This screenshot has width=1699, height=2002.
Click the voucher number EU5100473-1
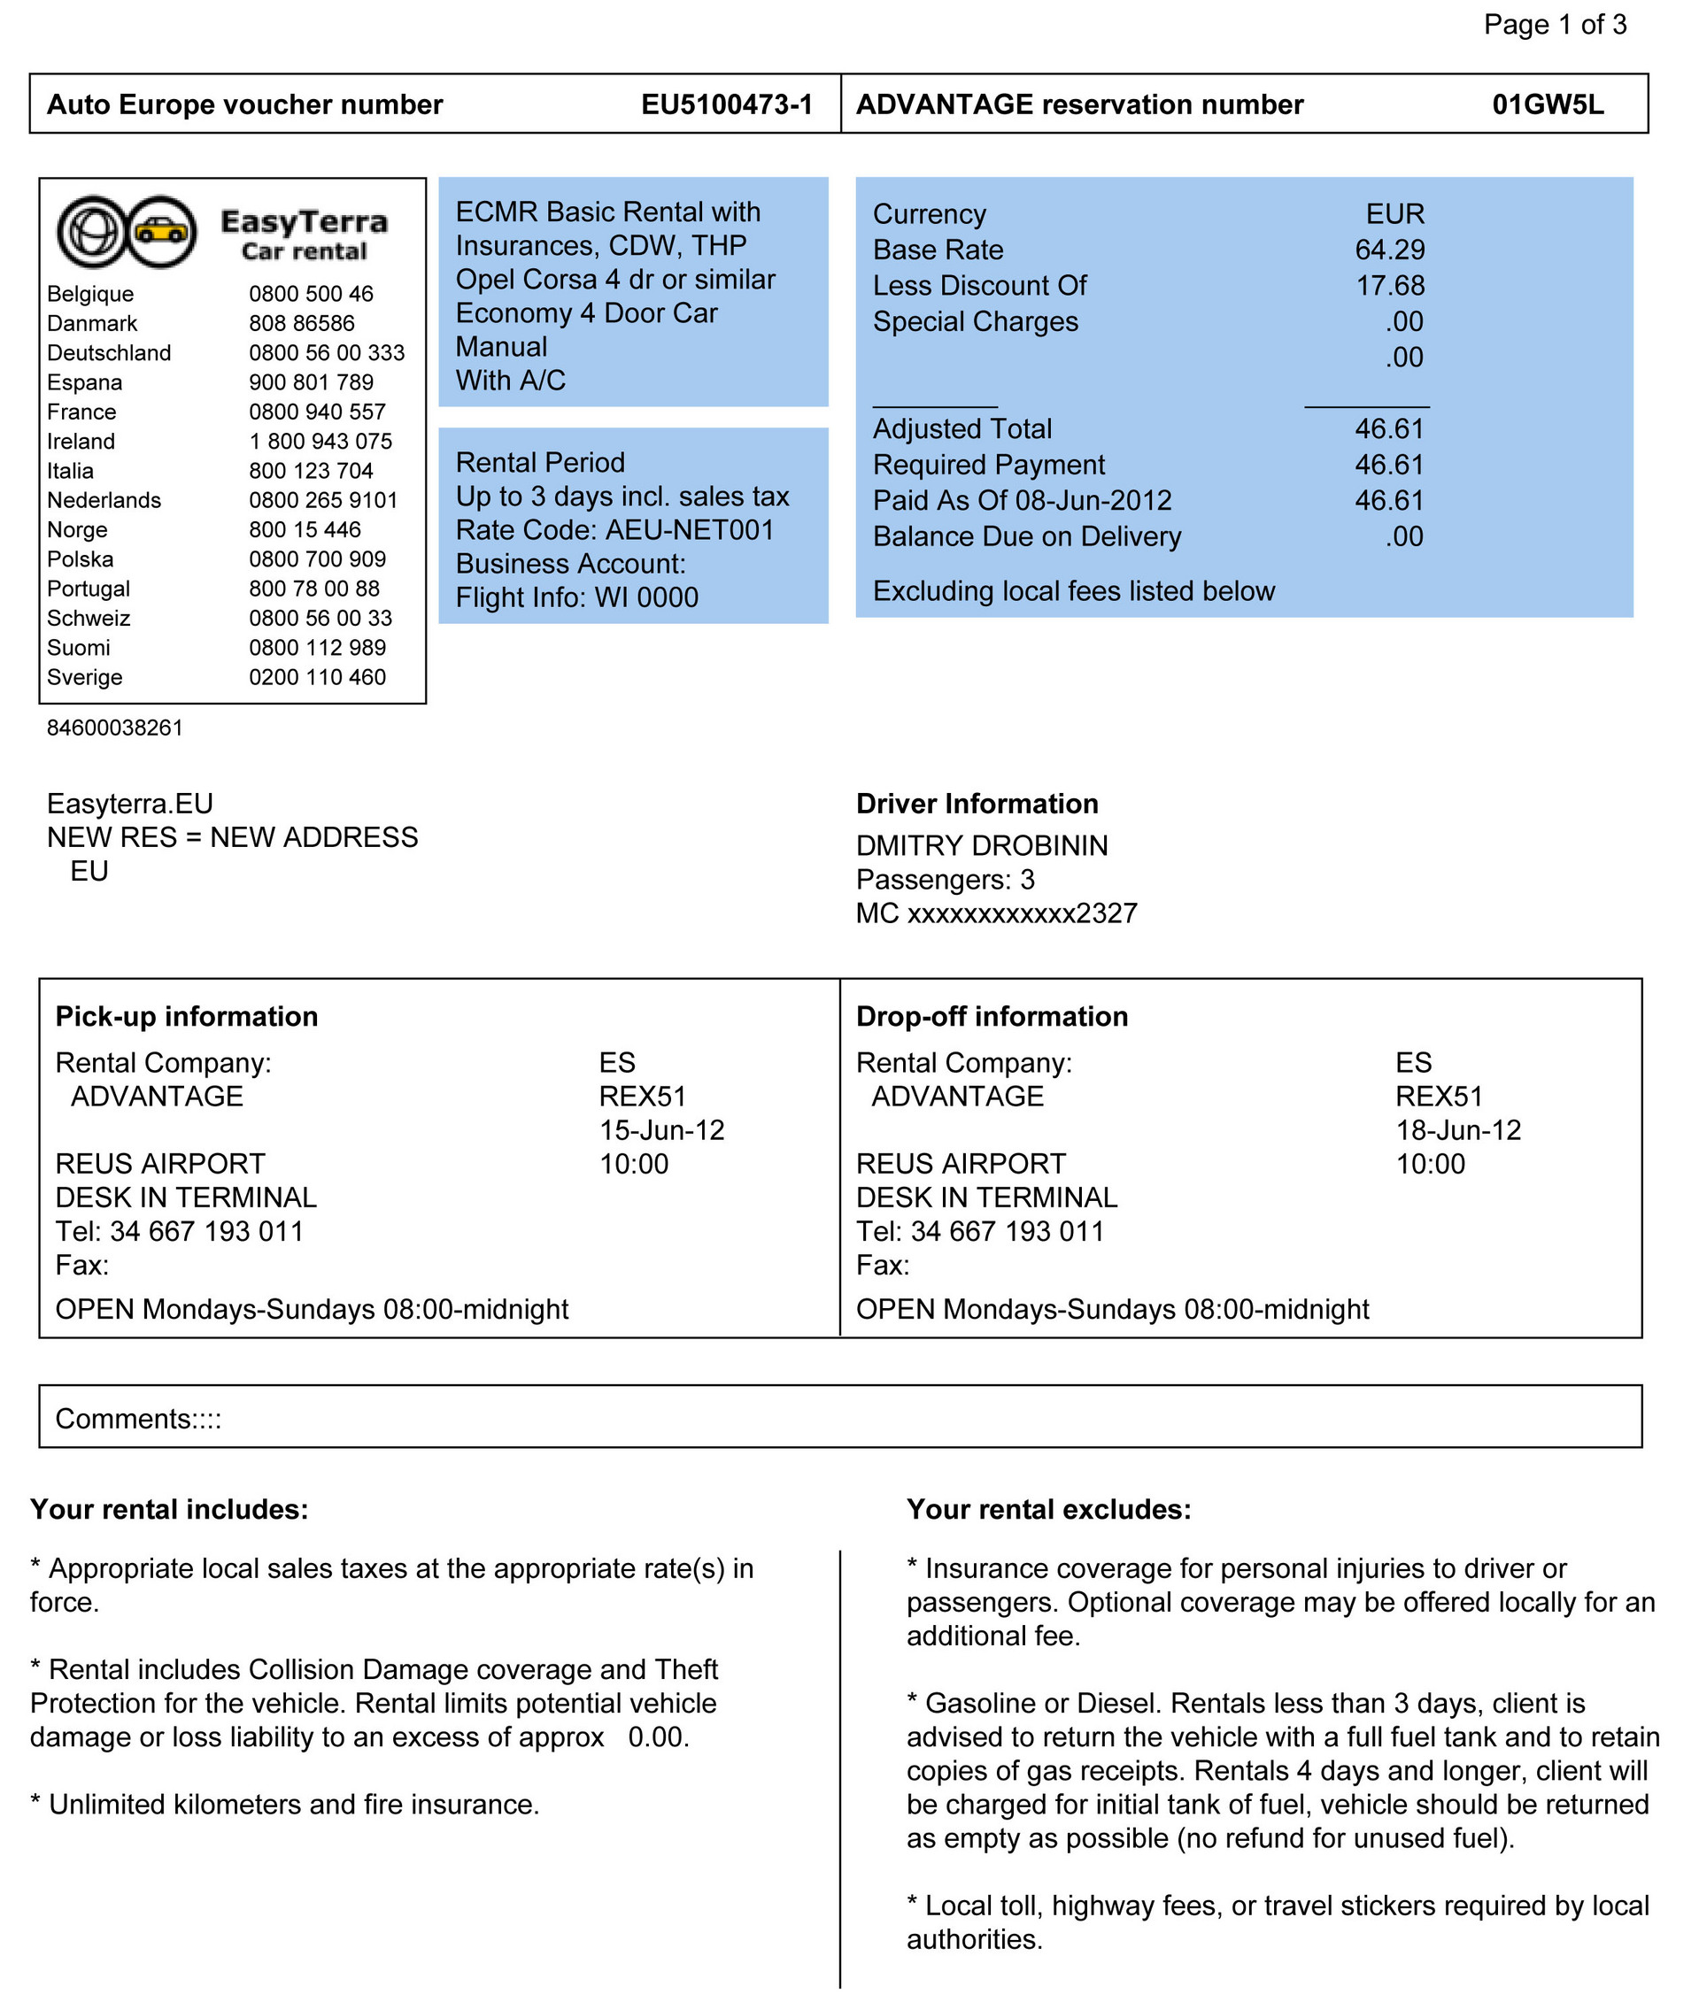(x=727, y=105)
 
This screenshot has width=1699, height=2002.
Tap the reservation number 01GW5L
(x=1548, y=105)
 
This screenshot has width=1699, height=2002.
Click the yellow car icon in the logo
(x=161, y=231)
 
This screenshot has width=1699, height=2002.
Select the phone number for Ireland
(x=320, y=442)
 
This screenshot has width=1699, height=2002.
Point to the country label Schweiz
(x=89, y=619)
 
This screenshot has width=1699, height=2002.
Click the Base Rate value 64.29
(x=1390, y=250)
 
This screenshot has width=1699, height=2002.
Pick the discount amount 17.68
(x=1390, y=286)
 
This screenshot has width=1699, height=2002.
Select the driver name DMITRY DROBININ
(x=982, y=846)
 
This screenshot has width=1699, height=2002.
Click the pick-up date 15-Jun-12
(x=661, y=1130)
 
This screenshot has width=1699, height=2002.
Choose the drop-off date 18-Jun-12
(x=1458, y=1130)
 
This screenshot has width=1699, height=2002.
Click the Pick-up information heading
(x=187, y=1017)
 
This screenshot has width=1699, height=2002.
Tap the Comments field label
(x=138, y=1420)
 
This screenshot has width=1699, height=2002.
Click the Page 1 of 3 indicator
(x=1555, y=25)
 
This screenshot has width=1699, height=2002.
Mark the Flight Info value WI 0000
(x=646, y=598)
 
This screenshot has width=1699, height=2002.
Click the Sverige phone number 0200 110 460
(x=317, y=678)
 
